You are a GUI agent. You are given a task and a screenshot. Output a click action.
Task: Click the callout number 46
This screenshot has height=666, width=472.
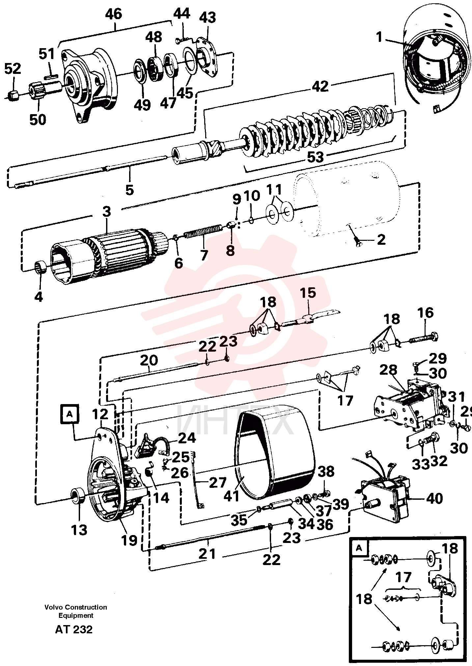(114, 14)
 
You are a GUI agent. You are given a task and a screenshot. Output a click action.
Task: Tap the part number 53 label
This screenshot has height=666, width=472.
(315, 157)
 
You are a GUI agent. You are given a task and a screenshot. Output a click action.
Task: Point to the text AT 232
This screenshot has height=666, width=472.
(74, 629)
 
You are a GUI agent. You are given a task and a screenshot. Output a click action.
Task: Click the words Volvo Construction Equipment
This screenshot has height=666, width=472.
(76, 611)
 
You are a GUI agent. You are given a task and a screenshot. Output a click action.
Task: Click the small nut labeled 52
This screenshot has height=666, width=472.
(13, 95)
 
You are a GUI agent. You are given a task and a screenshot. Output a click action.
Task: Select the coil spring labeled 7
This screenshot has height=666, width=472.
(203, 231)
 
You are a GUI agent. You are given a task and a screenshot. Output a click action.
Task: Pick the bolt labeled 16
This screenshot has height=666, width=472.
(423, 338)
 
